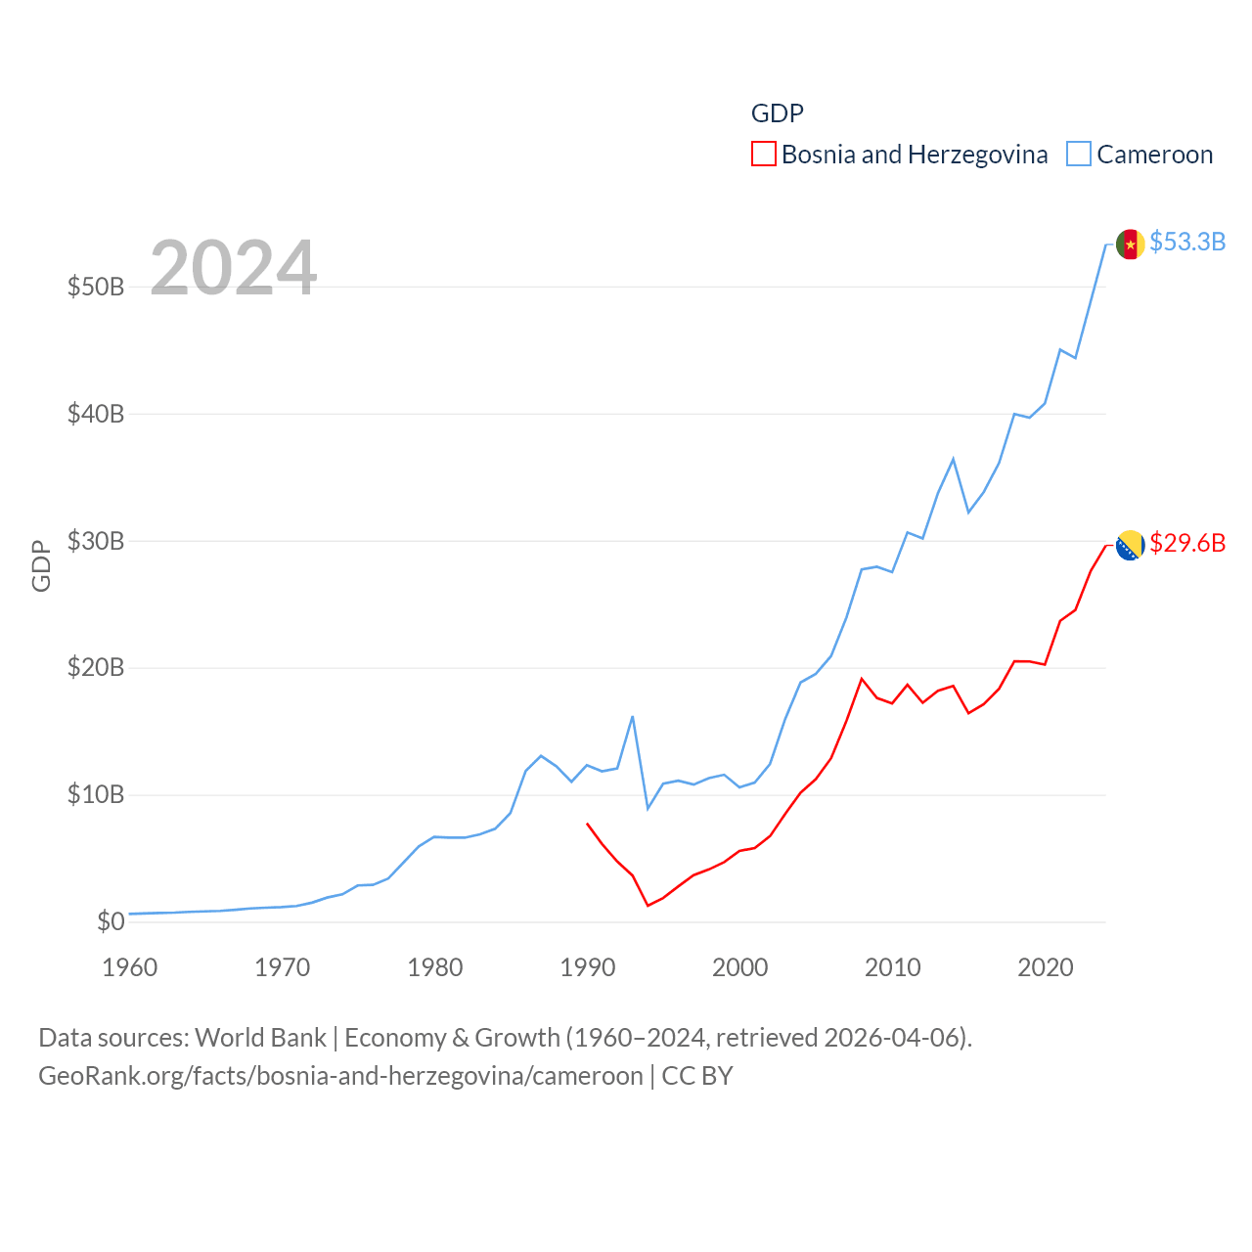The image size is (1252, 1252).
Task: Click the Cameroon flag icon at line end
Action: (1130, 244)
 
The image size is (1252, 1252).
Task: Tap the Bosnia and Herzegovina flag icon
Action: (1130, 545)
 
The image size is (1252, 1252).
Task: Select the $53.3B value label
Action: (1187, 242)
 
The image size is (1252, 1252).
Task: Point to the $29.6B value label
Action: (1187, 543)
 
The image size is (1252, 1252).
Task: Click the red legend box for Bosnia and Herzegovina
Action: (763, 155)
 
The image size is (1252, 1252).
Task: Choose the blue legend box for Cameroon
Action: (1078, 155)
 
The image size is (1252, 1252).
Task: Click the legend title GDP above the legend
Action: (777, 113)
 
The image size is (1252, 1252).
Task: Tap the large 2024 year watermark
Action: (233, 267)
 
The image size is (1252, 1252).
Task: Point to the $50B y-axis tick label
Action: (96, 287)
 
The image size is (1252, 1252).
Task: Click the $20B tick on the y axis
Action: (96, 668)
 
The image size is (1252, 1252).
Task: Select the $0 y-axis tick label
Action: (111, 921)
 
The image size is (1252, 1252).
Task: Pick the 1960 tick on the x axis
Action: (130, 967)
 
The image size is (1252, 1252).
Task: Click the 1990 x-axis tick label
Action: (587, 967)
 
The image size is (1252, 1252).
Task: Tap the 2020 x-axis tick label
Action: (1045, 967)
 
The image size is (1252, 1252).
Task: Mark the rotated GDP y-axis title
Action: (41, 565)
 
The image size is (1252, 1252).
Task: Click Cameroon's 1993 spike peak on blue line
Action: (633, 717)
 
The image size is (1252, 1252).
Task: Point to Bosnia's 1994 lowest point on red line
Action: (648, 905)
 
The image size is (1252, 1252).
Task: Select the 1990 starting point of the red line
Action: (587, 824)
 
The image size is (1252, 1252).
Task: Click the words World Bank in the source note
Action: (260, 1037)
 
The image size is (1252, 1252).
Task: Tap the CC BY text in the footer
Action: (697, 1076)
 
